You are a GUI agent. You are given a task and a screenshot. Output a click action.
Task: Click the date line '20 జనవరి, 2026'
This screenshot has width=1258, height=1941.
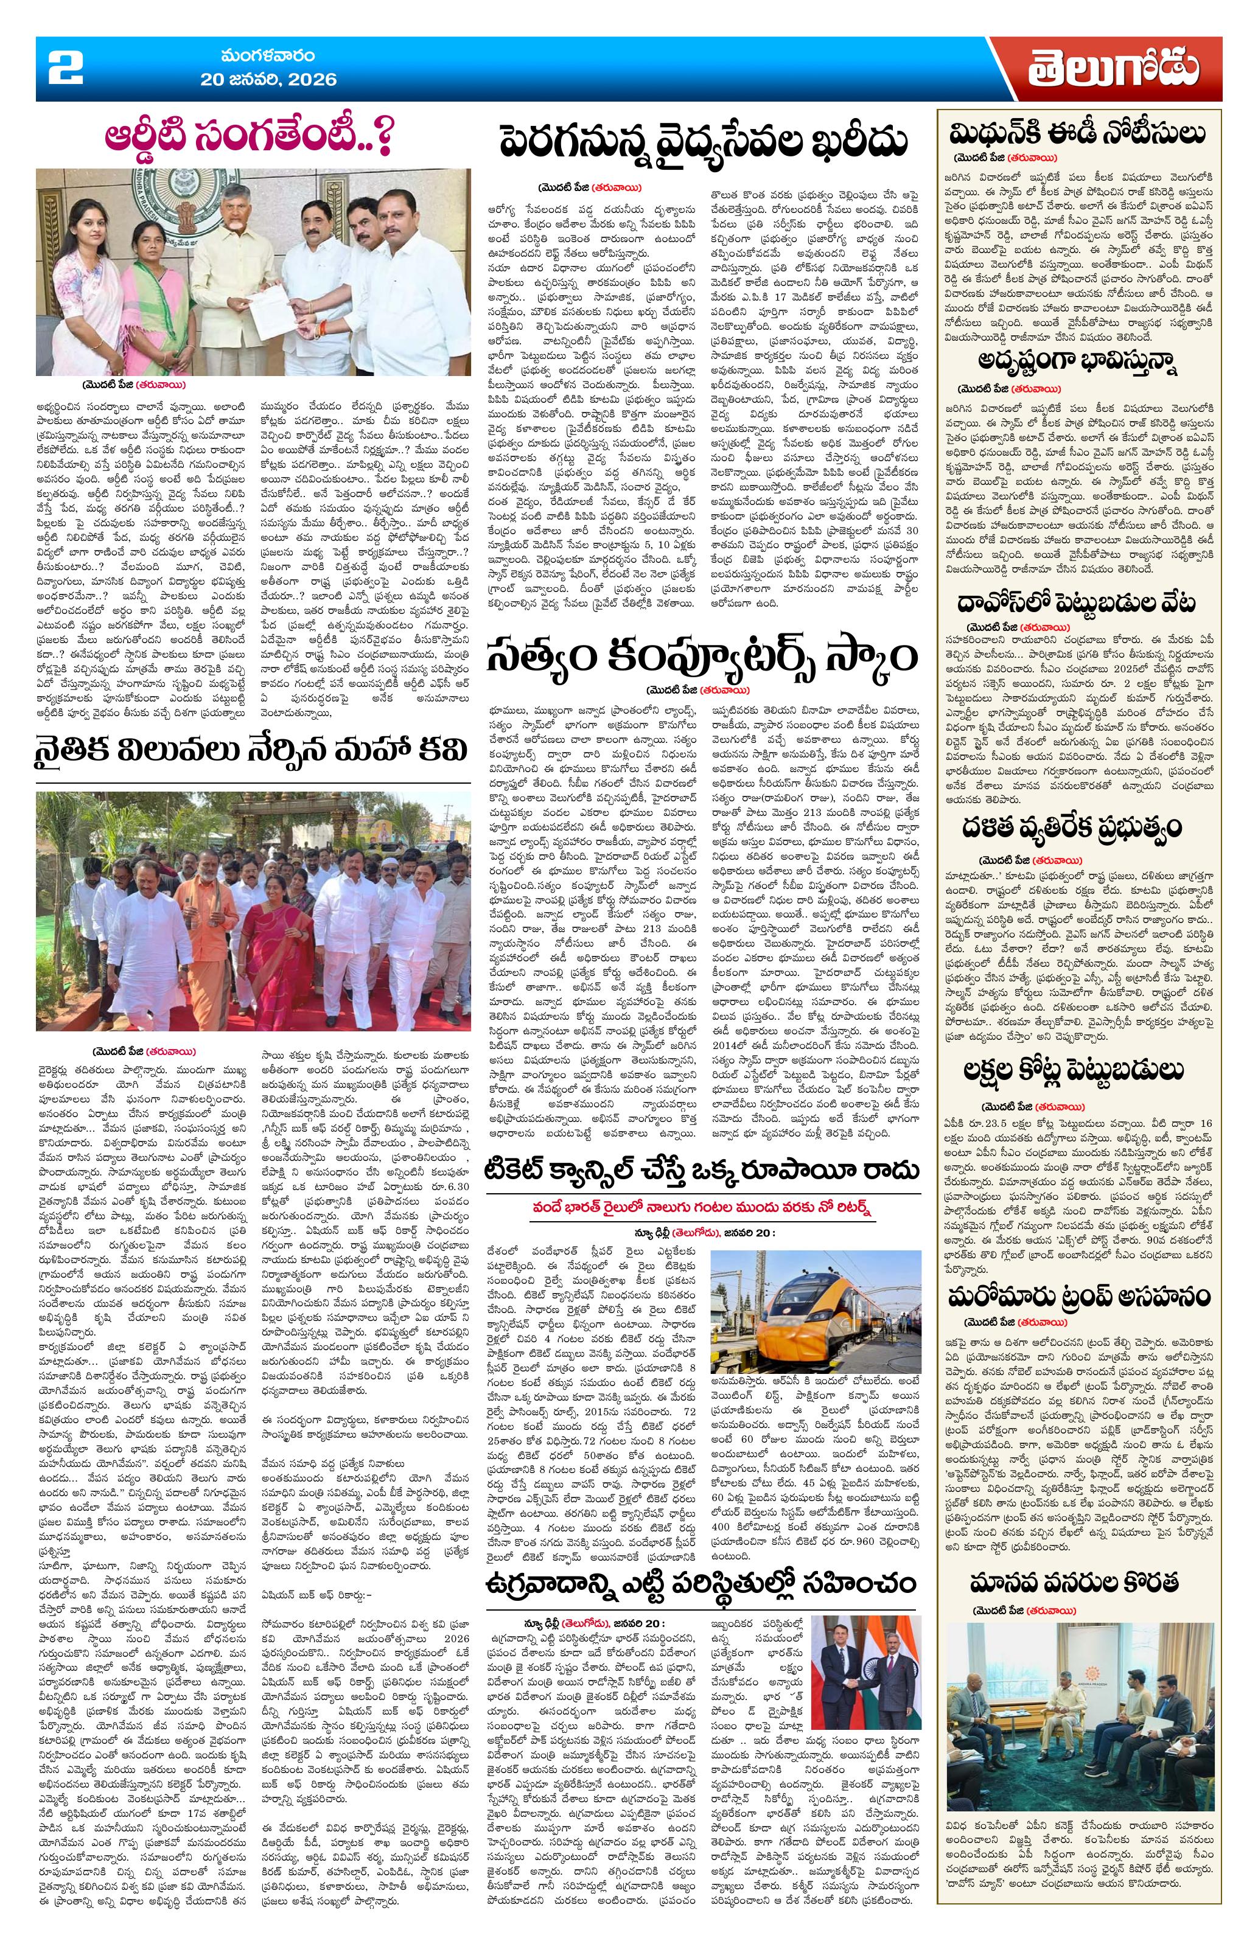[268, 80]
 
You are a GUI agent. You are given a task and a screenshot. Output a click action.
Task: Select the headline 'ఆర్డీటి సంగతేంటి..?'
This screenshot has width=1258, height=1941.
[252, 139]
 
